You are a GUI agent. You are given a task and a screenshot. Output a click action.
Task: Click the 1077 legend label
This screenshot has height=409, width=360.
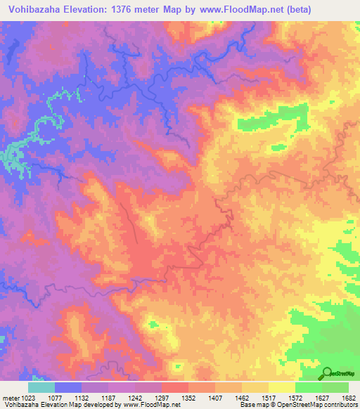tap(55, 398)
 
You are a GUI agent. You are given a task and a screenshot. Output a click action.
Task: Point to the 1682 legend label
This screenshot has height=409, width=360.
tap(348, 398)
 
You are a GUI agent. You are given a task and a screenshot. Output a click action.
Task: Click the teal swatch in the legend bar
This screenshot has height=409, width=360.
tap(41, 387)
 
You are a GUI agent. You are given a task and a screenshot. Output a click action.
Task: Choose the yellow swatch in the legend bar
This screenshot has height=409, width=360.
tap(282, 387)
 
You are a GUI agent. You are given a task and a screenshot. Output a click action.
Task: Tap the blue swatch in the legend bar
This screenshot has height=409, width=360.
tap(68, 387)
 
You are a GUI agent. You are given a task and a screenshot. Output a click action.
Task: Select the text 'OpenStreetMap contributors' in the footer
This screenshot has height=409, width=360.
tap(319, 405)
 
